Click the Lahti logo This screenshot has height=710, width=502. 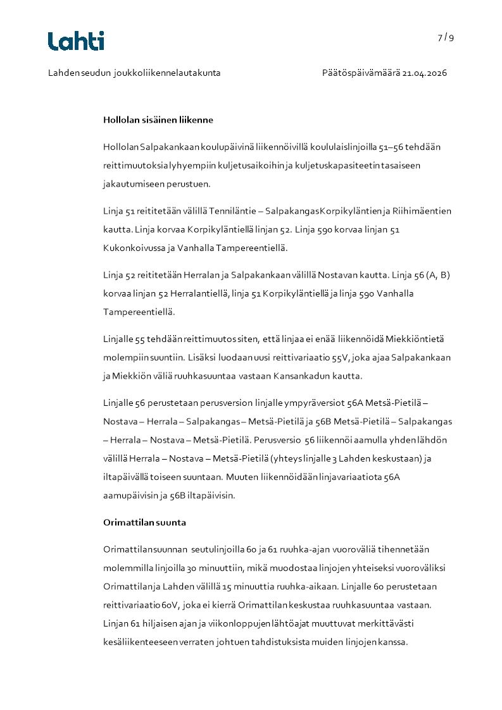click(x=76, y=41)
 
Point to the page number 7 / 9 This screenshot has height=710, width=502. click(x=446, y=37)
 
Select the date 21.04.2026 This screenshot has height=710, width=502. click(x=424, y=73)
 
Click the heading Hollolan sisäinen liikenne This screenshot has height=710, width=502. click(x=158, y=119)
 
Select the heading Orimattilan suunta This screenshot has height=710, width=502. click(x=144, y=523)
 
